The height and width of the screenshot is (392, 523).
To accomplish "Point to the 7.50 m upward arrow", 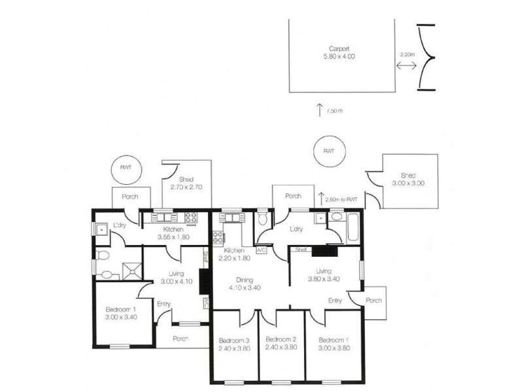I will [320, 109].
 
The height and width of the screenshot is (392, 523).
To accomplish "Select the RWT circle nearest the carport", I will [328, 150].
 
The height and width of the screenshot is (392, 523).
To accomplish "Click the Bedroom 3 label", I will [235, 344].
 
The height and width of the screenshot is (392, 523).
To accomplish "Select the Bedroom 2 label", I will [282, 344].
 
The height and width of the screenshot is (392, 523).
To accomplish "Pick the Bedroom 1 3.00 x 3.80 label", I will [333, 344].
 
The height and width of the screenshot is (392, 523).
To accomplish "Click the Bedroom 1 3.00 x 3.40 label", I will [120, 313].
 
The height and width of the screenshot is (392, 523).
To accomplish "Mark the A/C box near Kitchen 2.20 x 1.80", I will [261, 250].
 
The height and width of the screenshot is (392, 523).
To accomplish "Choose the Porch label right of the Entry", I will [373, 301].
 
